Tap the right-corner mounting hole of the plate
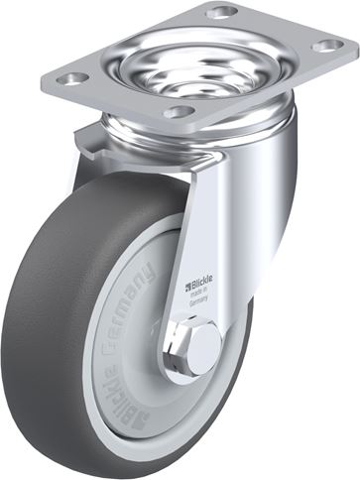(328, 45)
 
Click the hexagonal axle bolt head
(201, 345)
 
